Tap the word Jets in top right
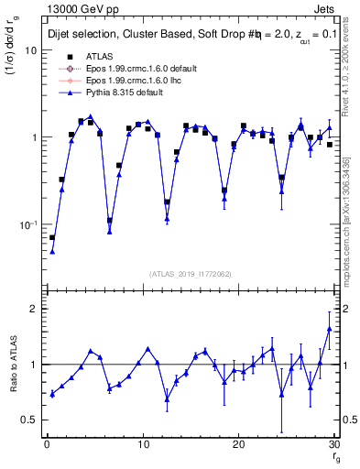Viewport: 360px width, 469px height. tap(327, 8)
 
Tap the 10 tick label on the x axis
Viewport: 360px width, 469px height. tap(142, 444)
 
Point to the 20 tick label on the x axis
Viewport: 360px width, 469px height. tap(238, 444)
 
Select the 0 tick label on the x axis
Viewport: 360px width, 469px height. tap(47, 444)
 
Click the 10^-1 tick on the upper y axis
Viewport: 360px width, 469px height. tap(28, 224)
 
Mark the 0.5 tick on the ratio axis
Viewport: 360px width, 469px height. tap(30, 420)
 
